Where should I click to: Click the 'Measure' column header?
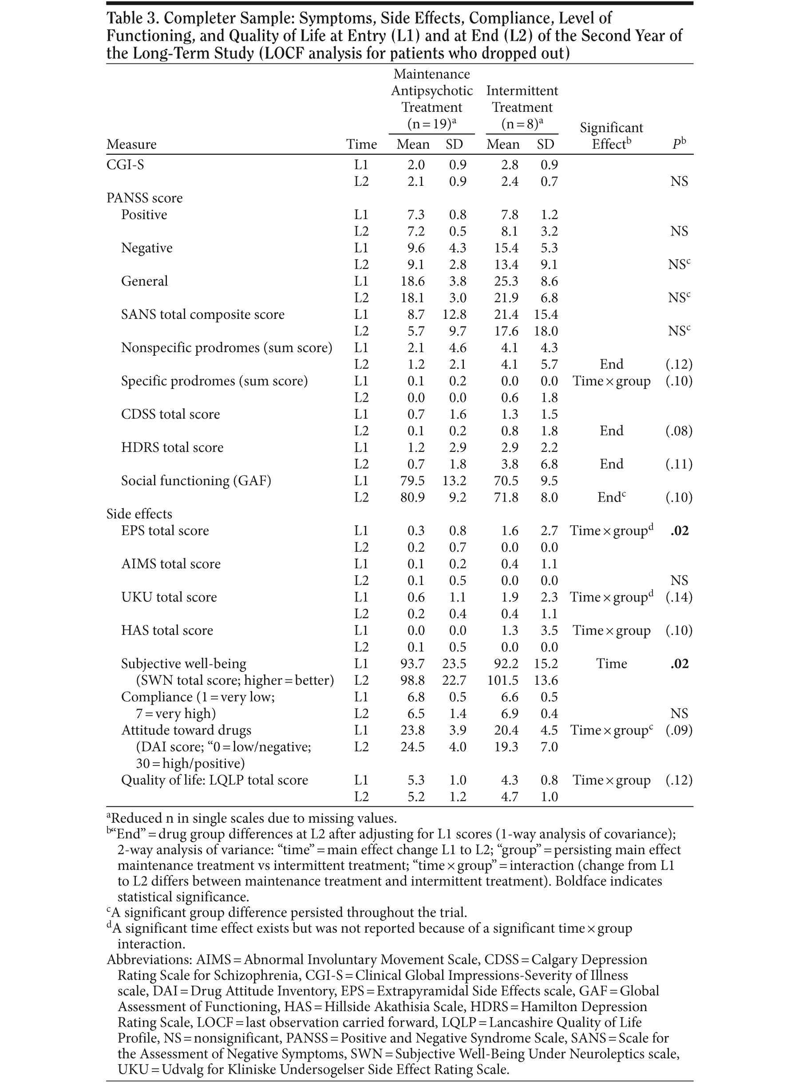(131, 145)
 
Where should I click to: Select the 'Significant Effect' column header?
(611, 136)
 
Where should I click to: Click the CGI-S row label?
(125, 165)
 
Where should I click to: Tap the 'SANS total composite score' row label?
(203, 314)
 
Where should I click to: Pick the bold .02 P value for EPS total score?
(679, 530)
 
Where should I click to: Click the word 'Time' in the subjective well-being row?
(611, 664)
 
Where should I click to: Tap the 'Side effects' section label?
(139, 514)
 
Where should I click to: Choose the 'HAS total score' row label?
(167, 631)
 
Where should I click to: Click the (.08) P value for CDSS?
(679, 431)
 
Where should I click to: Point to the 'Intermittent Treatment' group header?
(522, 99)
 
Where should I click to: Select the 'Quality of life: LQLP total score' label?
(214, 781)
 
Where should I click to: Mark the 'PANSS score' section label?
(145, 198)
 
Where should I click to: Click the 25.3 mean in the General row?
(506, 281)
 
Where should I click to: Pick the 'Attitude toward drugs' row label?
(186, 730)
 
